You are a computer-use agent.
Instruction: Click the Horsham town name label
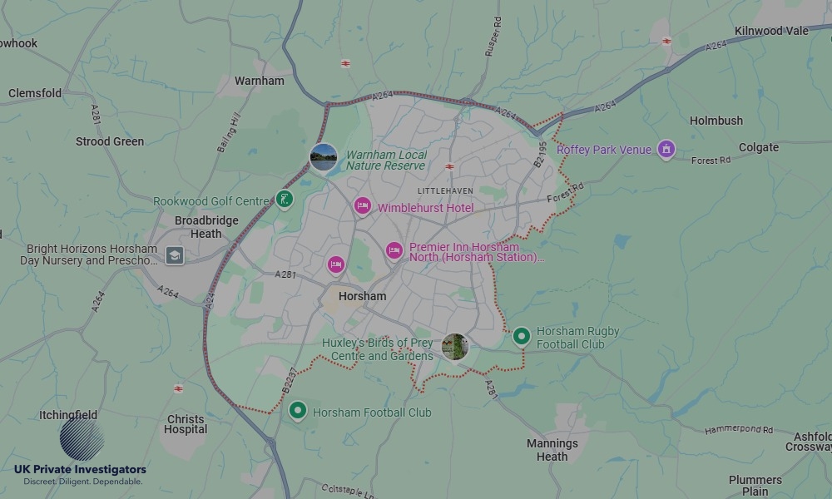363,296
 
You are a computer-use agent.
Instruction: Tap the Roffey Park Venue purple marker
666,150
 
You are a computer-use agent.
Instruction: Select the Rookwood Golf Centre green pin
285,200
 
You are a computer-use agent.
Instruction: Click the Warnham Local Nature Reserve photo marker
324,156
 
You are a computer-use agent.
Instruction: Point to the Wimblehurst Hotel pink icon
362,206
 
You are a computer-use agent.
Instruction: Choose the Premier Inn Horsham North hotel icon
394,250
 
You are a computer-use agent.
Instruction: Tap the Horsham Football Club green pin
298,411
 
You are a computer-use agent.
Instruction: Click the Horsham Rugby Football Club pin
522,336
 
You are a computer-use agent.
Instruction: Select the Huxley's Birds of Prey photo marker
455,347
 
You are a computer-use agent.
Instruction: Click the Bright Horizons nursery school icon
174,255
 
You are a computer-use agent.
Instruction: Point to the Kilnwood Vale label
771,31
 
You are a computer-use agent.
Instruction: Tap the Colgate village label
759,147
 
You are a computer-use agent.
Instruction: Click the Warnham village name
260,81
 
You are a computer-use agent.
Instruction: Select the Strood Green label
110,141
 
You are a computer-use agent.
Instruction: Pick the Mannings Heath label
552,450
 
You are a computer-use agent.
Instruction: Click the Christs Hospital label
186,424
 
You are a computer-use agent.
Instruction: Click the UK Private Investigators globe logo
82,439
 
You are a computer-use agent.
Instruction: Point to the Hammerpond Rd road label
739,430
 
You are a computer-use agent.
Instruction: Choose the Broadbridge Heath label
206,227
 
